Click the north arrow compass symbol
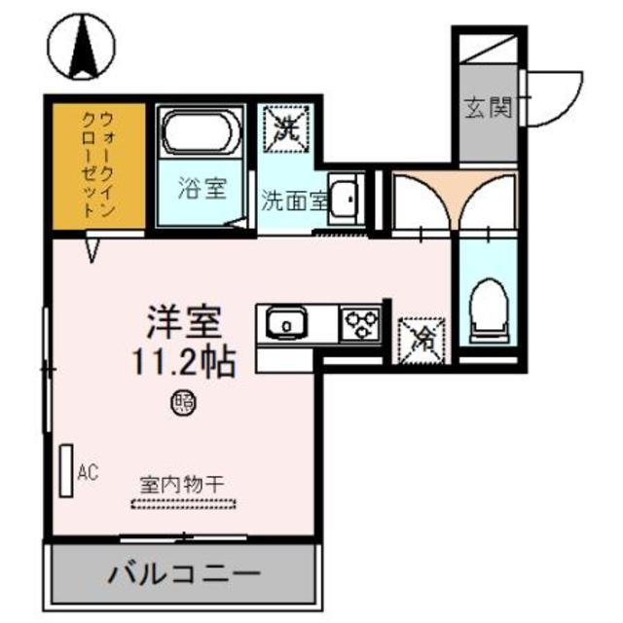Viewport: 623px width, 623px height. [x=80, y=50]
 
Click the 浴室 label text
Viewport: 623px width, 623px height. [x=202, y=187]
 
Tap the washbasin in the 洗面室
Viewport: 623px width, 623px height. [x=345, y=198]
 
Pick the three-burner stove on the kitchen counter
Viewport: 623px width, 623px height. [x=361, y=322]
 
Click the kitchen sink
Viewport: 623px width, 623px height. [x=288, y=321]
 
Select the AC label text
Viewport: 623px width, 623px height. [x=89, y=474]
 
